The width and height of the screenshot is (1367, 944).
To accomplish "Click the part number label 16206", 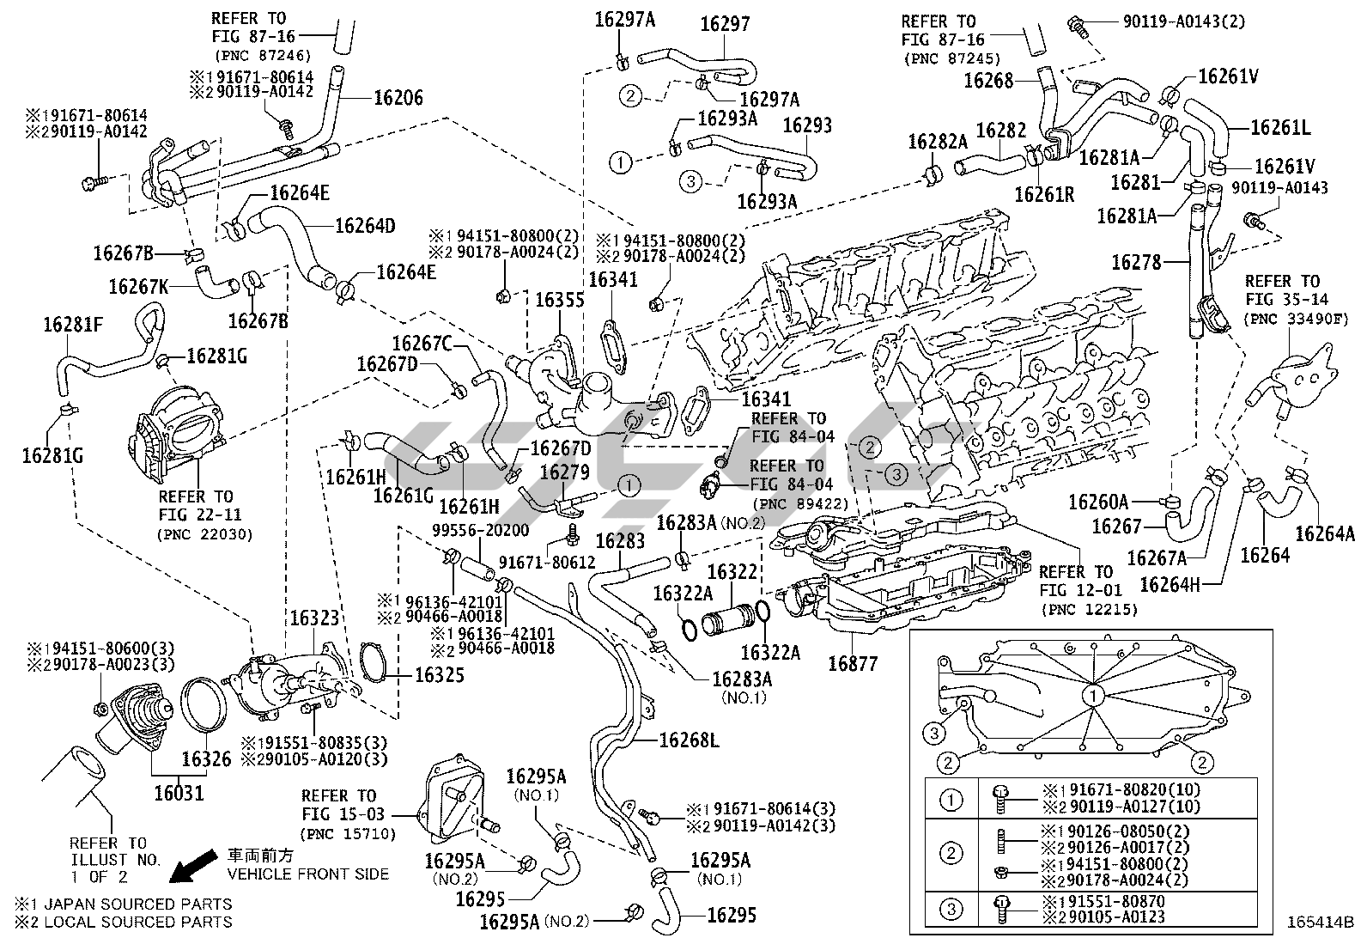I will coord(398,97).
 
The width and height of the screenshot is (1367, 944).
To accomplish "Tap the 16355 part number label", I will coord(559,301).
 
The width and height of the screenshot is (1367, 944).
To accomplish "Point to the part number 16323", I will coord(313,618).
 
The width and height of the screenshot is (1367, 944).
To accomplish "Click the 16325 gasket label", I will coord(440,675).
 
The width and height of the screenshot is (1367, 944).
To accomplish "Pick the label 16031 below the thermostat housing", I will coord(179,792).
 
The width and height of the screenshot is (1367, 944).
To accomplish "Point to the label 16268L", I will coord(689,740).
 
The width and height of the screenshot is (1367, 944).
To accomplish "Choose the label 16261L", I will coord(1279,128).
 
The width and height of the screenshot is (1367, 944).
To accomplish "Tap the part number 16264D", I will coord(365,226).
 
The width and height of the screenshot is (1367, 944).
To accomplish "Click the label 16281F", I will coord(73,325).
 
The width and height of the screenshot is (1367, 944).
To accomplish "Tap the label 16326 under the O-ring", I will coord(206,759).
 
